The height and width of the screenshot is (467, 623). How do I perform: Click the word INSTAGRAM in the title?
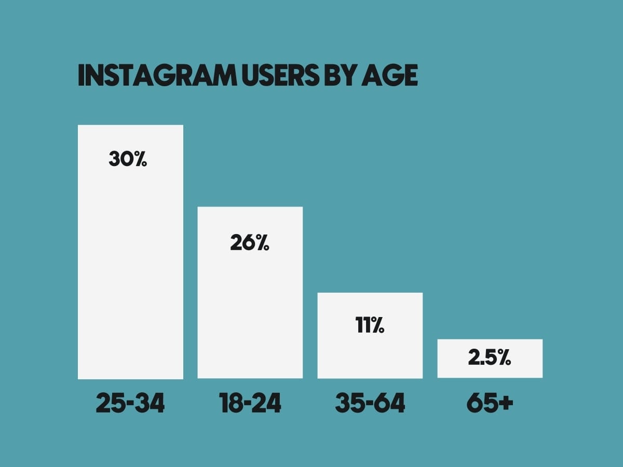(157, 75)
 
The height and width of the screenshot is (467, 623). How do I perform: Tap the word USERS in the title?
(281, 75)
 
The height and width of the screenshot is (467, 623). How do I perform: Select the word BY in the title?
(341, 75)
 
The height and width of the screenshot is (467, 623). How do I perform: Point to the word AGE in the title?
(389, 75)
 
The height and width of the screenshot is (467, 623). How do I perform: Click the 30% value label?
(128, 159)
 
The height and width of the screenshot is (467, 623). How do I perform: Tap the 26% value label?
(250, 242)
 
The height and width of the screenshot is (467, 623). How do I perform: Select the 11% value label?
(370, 325)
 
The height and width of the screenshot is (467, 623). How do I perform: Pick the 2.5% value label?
(490, 358)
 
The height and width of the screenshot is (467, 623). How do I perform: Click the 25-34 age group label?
(130, 403)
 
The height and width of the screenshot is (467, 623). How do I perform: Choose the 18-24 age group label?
(250, 403)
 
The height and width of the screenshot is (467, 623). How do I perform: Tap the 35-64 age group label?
(370, 403)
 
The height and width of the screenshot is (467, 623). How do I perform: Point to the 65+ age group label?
(490, 403)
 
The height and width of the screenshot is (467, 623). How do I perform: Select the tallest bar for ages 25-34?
(130, 252)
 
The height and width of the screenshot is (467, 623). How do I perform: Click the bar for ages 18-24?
(250, 293)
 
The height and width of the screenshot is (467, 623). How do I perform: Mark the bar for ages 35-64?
(370, 335)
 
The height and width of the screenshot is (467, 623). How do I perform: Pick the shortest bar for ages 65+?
(490, 359)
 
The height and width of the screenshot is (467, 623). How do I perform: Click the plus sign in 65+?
(505, 403)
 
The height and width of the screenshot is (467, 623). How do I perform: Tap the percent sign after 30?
(141, 159)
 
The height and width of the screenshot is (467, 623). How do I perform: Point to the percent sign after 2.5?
(504, 358)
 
